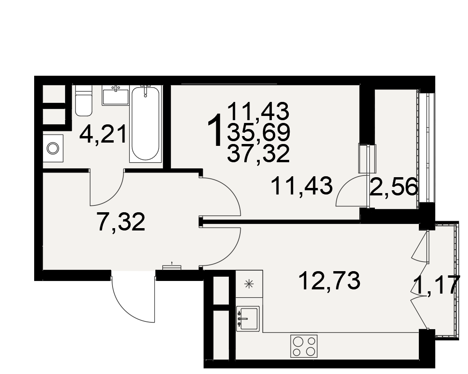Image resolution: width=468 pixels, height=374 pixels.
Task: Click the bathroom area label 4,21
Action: tap(103, 134)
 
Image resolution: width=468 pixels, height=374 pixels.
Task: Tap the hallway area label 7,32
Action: tap(121, 222)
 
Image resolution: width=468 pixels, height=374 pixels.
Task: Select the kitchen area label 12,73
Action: tap(329, 281)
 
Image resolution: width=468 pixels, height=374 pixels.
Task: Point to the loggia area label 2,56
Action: tap(394, 186)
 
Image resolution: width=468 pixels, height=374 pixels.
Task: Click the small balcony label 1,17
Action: tap(436, 286)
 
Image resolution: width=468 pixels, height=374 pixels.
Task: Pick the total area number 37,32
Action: tap(258, 153)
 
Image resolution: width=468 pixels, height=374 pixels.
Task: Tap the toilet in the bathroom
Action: tap(84, 101)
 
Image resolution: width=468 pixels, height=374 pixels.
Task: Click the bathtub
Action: tap(146, 123)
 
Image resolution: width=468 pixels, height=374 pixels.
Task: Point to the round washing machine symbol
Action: tap(53, 148)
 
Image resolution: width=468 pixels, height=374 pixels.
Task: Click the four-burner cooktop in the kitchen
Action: tap(304, 345)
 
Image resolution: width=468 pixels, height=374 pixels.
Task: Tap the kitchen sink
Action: tap(248, 318)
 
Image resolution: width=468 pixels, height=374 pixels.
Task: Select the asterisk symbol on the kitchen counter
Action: tap(248, 284)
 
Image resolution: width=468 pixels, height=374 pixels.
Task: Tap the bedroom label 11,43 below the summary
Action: tap(302, 186)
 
